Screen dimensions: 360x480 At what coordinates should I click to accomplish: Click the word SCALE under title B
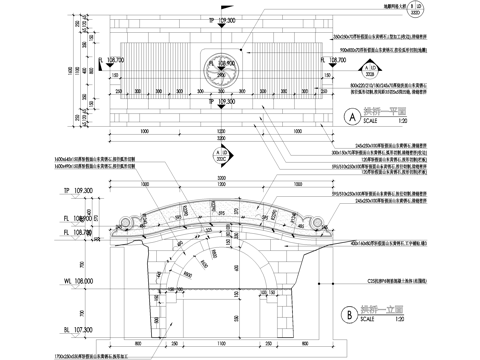point(371,320)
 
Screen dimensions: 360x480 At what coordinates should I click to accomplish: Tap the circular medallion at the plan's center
point(217,69)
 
